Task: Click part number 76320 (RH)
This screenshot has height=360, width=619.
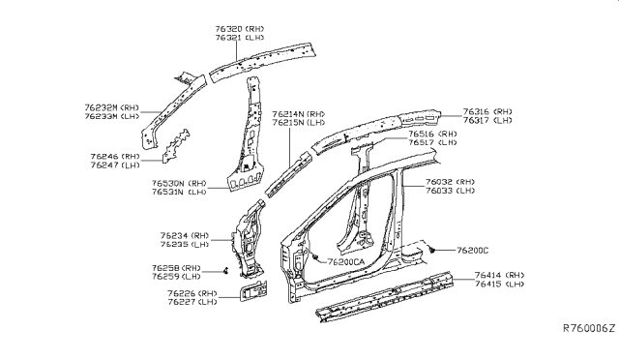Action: pyautogui.click(x=240, y=29)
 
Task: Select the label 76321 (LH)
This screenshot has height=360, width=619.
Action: pyautogui.click(x=240, y=38)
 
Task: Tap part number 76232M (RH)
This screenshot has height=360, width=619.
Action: pyautogui.click(x=112, y=107)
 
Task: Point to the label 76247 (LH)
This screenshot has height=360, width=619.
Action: pyautogui.click(x=115, y=165)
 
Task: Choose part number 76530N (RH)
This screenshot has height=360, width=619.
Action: pyautogui.click(x=179, y=183)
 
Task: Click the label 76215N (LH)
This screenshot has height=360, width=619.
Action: pyautogui.click(x=299, y=123)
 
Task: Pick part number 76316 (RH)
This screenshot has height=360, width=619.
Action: pyautogui.click(x=487, y=112)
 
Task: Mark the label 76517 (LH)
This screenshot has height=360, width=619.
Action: pyautogui.click(x=432, y=142)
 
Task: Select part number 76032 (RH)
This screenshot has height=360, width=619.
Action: pyautogui.click(x=450, y=182)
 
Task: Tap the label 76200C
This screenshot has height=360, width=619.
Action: pyautogui.click(x=473, y=251)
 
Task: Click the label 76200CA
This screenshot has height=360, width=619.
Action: pyautogui.click(x=346, y=262)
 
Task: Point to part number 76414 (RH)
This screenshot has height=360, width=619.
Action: pyautogui.click(x=499, y=276)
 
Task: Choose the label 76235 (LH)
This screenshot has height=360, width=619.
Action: pyautogui.click(x=185, y=245)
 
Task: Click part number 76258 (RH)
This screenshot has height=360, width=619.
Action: pyautogui.click(x=176, y=268)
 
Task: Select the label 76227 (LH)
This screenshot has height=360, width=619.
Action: pyautogui.click(x=192, y=302)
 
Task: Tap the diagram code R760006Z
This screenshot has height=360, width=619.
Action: pyautogui.click(x=589, y=328)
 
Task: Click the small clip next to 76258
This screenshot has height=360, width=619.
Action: pyautogui.click(x=226, y=271)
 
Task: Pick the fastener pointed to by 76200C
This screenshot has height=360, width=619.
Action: pyautogui.click(x=432, y=250)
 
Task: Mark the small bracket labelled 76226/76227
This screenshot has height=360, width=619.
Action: pyautogui.click(x=253, y=291)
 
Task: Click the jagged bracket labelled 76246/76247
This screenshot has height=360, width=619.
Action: pyautogui.click(x=176, y=145)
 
